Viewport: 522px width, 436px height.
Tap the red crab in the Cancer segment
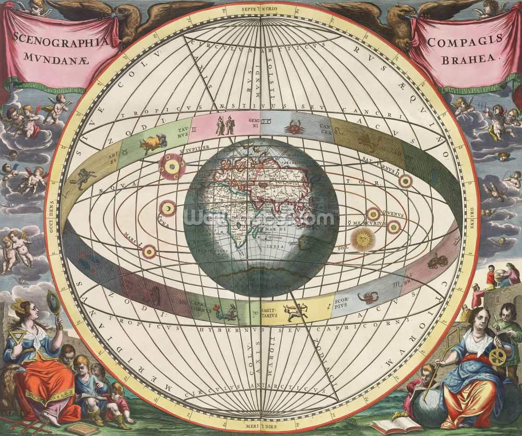click(x=295, y=126)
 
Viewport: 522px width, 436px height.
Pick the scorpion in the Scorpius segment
click(x=367, y=298)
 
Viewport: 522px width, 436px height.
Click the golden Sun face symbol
click(x=362, y=239)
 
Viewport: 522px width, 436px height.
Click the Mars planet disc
click(x=150, y=252)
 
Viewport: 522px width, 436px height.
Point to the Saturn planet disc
click(x=405, y=181)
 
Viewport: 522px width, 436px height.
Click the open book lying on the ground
click(x=389, y=425)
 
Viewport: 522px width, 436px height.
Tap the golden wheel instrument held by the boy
click(x=498, y=357)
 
